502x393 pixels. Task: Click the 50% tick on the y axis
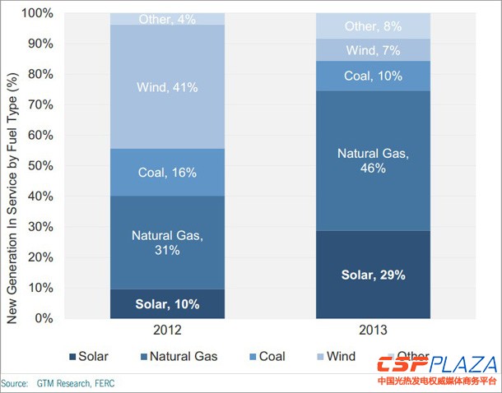coord(41,166)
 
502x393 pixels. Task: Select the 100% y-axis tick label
coord(38,14)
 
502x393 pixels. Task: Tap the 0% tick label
coord(44,318)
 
